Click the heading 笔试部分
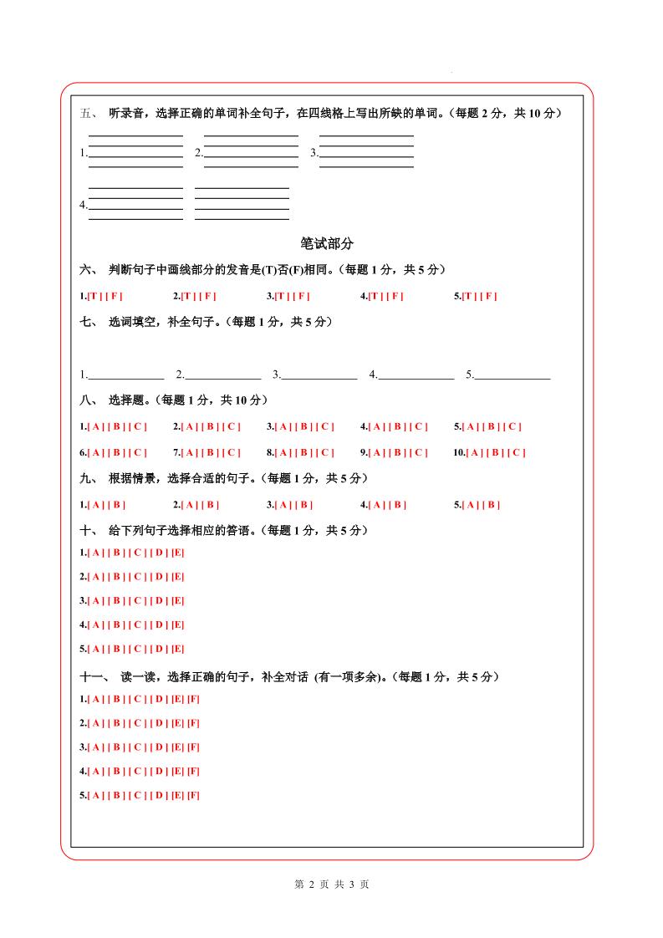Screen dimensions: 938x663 327,243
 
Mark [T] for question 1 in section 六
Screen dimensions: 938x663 95,296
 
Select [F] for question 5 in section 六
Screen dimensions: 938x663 490,296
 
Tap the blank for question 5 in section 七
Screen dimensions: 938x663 513,375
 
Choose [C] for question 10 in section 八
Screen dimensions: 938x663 516,453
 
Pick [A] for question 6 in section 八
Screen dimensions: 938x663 95,453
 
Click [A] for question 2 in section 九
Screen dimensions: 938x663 189,505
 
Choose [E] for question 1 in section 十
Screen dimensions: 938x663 177,553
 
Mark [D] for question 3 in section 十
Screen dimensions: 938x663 159,600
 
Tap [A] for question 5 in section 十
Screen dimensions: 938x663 95,649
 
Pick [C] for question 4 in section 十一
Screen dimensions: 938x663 137,771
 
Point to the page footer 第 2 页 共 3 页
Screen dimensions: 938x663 332,884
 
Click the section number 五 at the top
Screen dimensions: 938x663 86,114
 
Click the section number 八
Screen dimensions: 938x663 86,400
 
